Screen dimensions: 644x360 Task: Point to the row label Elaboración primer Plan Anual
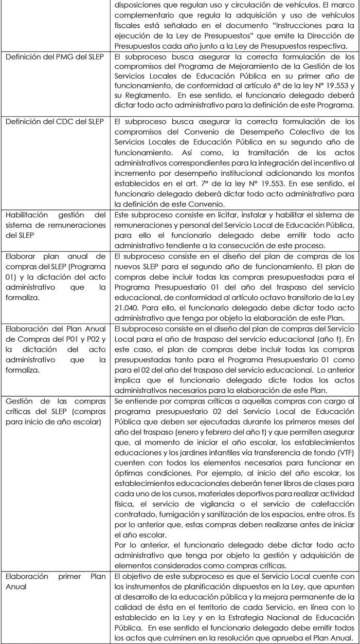[55, 582]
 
